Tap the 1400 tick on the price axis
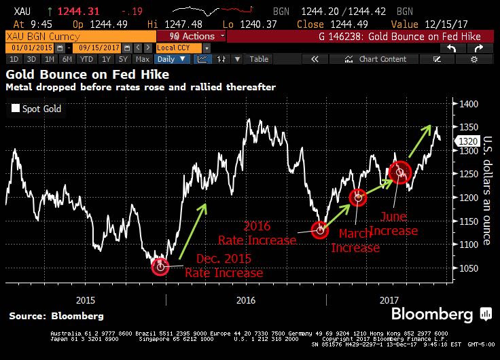[x=467, y=104]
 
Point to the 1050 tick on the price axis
[x=467, y=268]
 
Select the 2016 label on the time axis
[x=245, y=300]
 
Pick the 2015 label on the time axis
[x=86, y=300]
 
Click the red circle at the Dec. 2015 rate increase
[x=160, y=266]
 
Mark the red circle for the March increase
[x=358, y=198]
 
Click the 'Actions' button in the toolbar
[x=196, y=36]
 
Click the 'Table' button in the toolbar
[x=259, y=59]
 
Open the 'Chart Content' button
[x=381, y=59]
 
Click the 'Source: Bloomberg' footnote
[x=56, y=316]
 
